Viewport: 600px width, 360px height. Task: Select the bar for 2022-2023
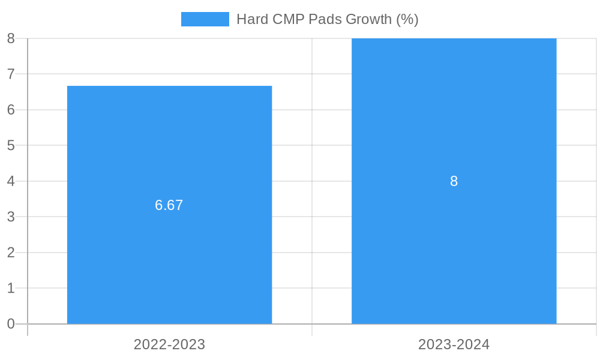click(169, 252)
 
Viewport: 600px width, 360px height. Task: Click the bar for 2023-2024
click(454, 252)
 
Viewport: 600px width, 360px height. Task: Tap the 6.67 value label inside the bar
click(169, 205)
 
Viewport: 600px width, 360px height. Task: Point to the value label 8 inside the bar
click(454, 181)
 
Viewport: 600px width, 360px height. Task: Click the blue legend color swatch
click(205, 19)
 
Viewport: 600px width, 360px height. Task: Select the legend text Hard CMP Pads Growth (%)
click(327, 19)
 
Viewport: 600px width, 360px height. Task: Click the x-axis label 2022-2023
click(169, 344)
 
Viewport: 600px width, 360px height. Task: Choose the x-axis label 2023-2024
click(454, 344)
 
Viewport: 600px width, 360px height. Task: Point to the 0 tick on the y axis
click(11, 324)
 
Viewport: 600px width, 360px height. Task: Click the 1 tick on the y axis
click(11, 288)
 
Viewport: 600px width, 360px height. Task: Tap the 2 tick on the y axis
click(11, 253)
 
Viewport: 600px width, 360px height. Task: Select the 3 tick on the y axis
click(11, 217)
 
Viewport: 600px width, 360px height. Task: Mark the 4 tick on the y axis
click(11, 181)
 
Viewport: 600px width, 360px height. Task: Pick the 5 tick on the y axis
click(11, 145)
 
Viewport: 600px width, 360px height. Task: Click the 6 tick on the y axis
click(11, 110)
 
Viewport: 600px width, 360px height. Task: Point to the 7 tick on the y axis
click(11, 74)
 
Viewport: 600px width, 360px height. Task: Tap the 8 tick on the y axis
click(11, 38)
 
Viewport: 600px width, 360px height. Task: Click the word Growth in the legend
click(369, 19)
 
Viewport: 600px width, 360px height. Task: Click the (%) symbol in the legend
click(407, 19)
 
